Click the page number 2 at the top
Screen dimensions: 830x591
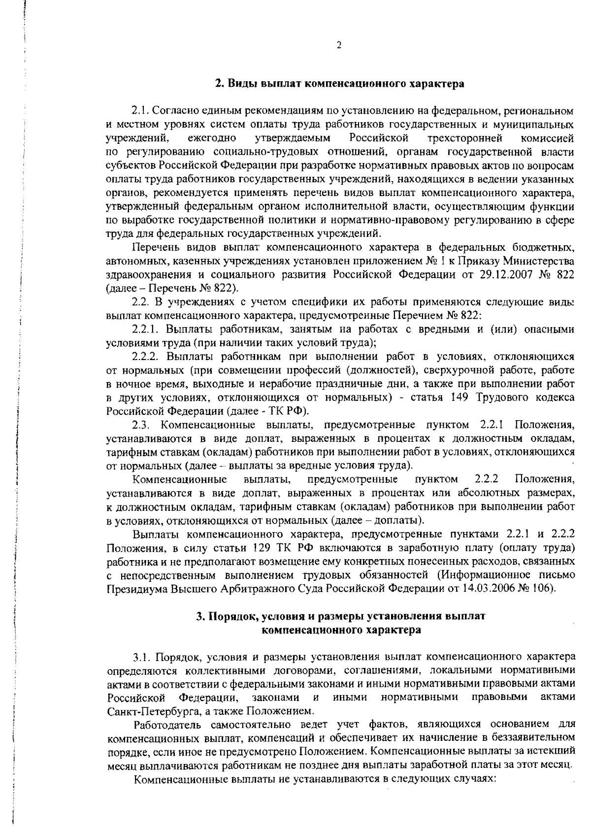[339, 46]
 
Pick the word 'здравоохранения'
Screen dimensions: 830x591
[142, 274]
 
